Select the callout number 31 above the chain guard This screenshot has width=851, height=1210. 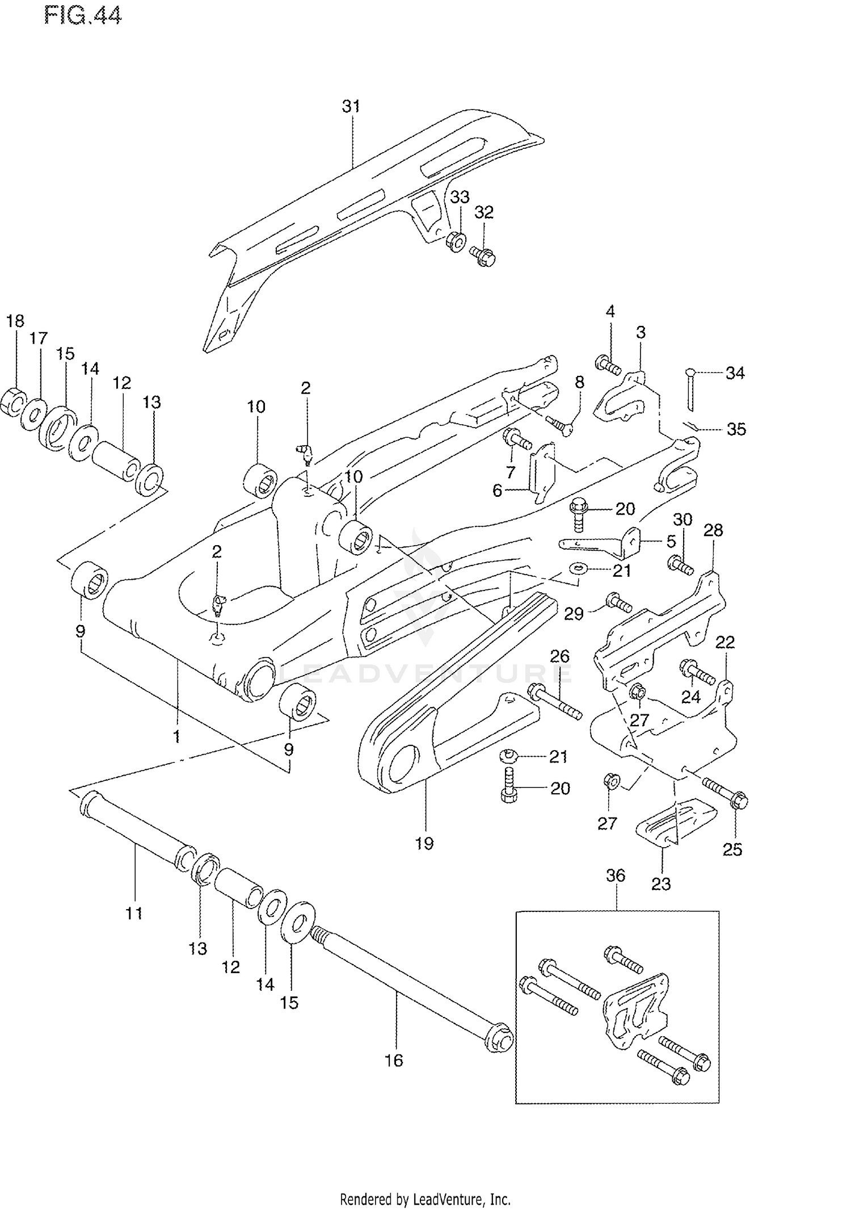coord(351,106)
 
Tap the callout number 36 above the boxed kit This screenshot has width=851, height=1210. coord(616,875)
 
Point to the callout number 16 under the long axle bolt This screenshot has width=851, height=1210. coord(393,1060)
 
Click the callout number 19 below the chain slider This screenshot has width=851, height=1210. coord(424,843)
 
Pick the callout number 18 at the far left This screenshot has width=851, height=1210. coord(15,321)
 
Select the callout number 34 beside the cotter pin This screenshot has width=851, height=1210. coord(735,373)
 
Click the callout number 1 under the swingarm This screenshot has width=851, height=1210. coord(176,736)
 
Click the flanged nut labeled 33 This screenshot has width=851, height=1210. coord(456,242)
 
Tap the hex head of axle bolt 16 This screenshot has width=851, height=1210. coord(500,1039)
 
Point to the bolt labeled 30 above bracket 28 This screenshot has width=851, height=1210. coord(680,564)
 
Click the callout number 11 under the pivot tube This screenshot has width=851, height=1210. coord(134,913)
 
